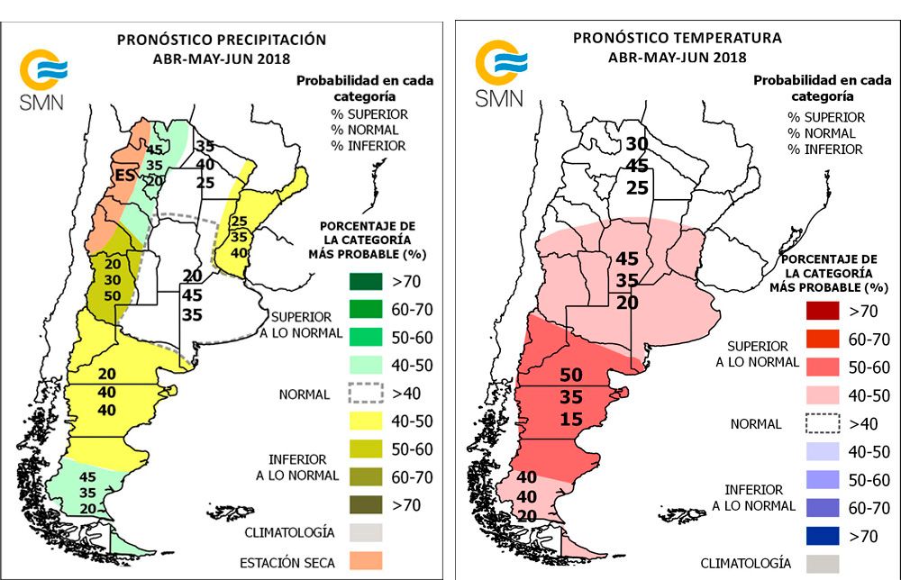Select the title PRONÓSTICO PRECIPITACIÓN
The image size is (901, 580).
point(222,40)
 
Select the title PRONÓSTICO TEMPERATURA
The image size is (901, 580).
point(678,38)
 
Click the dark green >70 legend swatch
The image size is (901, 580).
point(366,282)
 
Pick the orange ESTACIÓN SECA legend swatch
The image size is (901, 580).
point(366,561)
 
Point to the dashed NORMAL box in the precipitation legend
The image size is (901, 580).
point(366,394)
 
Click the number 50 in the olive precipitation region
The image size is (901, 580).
point(112,296)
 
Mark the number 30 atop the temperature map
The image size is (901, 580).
point(637,144)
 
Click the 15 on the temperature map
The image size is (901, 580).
point(572,419)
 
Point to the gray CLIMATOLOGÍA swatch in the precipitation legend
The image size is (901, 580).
point(366,533)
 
